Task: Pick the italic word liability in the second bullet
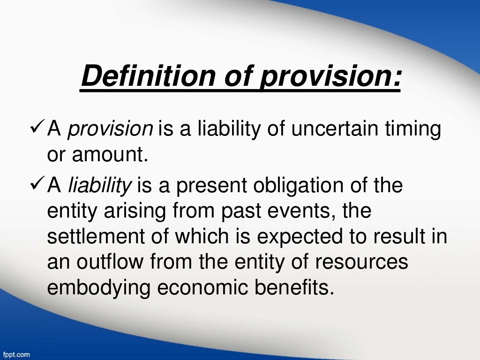(100, 187)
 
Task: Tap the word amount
(111, 154)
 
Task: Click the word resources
(370, 262)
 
